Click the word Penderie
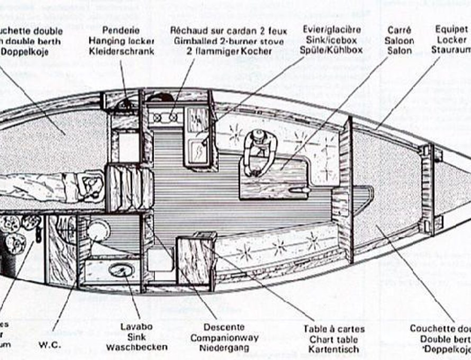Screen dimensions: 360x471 [x=121, y=30]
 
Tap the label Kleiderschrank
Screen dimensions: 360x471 [x=121, y=51]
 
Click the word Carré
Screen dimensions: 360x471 [x=399, y=30]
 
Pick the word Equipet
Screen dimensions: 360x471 [x=451, y=29]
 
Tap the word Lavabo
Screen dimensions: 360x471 [x=136, y=327]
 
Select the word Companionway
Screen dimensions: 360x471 [x=224, y=338]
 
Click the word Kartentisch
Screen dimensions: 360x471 [x=334, y=349]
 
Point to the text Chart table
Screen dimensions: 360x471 [x=334, y=339]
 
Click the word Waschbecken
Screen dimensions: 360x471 [x=137, y=347]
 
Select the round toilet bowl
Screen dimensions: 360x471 [x=98, y=231]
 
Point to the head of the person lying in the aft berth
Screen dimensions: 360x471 [x=91, y=186]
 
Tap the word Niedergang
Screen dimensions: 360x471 [x=224, y=348]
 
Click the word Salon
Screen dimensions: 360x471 [x=399, y=51]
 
